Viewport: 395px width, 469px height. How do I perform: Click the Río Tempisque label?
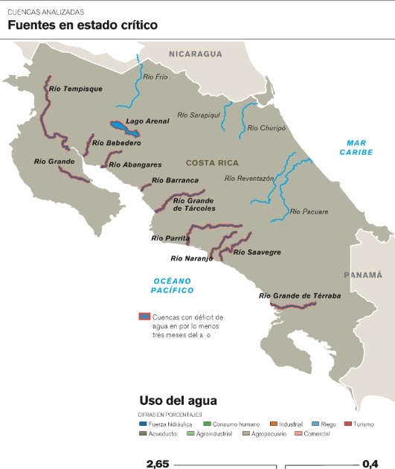[x=75, y=89]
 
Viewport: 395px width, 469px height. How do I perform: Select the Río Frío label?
[x=155, y=77]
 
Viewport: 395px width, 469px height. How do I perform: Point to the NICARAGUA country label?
[x=196, y=54]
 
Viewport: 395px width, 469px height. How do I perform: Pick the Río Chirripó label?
[x=266, y=128]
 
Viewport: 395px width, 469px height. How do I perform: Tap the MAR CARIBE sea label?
[x=356, y=147]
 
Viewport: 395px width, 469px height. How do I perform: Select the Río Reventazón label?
[x=249, y=179]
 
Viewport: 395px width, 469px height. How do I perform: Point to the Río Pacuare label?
[x=309, y=212]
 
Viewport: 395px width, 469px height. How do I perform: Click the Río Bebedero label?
[x=116, y=142]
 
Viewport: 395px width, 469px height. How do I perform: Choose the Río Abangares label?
[x=135, y=165]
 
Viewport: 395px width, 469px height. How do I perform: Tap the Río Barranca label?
[x=175, y=180]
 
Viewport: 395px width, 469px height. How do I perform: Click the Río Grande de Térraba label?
[x=300, y=296]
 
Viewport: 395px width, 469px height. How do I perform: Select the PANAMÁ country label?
[x=362, y=275]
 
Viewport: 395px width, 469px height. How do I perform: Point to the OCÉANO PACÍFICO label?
[x=172, y=285]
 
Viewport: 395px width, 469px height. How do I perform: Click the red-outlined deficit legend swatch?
[x=145, y=316]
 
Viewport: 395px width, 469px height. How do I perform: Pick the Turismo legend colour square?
[x=347, y=424]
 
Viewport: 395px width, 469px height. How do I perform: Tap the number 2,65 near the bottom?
[x=157, y=464]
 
